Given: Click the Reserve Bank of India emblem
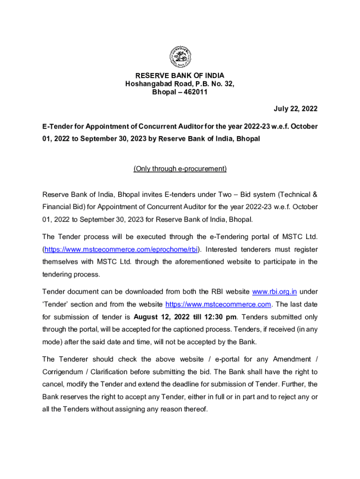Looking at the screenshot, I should (180, 57).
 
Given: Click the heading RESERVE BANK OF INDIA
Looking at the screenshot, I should (180, 75).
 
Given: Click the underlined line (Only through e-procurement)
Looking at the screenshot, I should (180, 168).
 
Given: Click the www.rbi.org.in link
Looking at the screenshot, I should (274, 292).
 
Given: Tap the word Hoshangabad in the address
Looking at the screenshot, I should (146, 84).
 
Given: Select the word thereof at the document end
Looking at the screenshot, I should (196, 409).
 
